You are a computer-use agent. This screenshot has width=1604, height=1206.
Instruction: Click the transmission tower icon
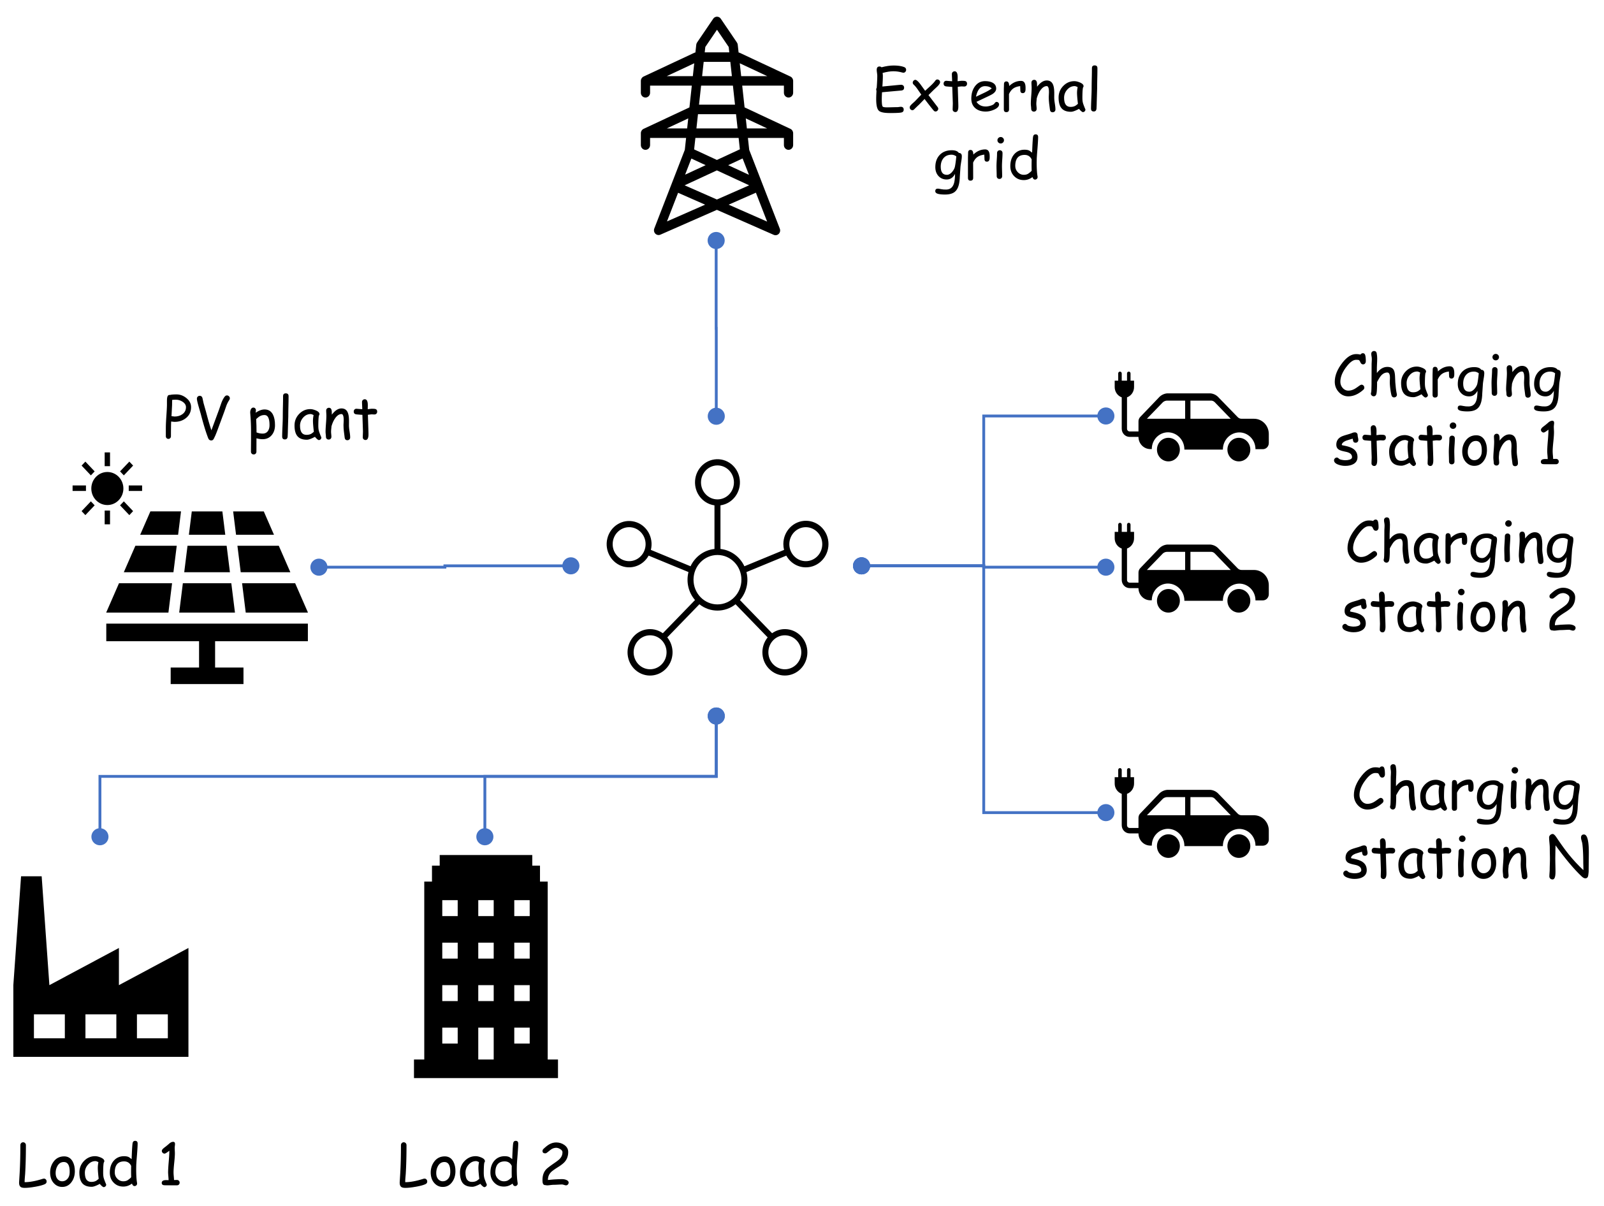(717, 127)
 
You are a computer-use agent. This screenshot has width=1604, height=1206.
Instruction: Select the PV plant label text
(270, 419)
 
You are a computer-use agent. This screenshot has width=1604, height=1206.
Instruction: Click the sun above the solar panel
(107, 488)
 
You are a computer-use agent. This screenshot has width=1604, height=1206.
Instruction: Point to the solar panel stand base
(207, 676)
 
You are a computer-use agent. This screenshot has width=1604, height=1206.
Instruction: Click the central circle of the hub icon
(717, 579)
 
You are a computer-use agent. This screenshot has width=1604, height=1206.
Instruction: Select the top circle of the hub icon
(717, 483)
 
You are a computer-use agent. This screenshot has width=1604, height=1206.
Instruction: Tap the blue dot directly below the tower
(717, 240)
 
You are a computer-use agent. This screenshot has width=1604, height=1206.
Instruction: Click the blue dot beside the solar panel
(318, 567)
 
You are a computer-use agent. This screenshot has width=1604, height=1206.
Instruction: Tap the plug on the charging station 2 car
(1124, 537)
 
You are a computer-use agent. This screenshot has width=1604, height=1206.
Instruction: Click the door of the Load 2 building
(486, 1043)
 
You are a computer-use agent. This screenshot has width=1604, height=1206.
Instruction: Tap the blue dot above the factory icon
(100, 837)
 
